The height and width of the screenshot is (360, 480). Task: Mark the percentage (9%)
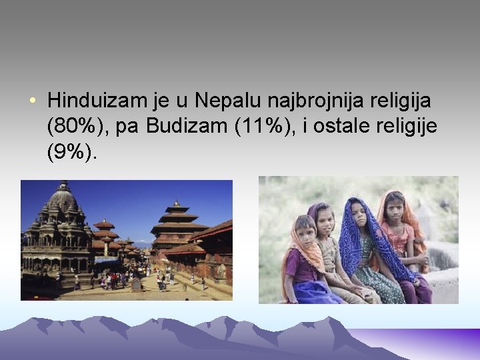tap(72, 153)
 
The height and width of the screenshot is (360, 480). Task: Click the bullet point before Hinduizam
tap(33, 103)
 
